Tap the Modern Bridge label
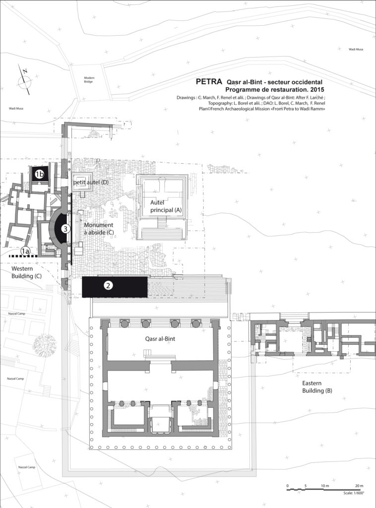tap(89, 80)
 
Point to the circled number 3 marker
tap(64, 229)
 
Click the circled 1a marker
tap(25, 252)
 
